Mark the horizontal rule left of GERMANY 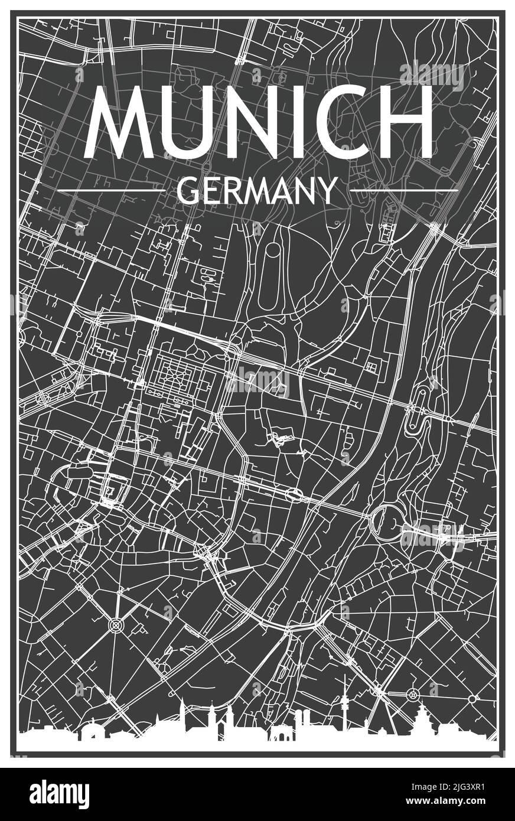click(111, 190)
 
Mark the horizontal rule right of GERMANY click(404, 190)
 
